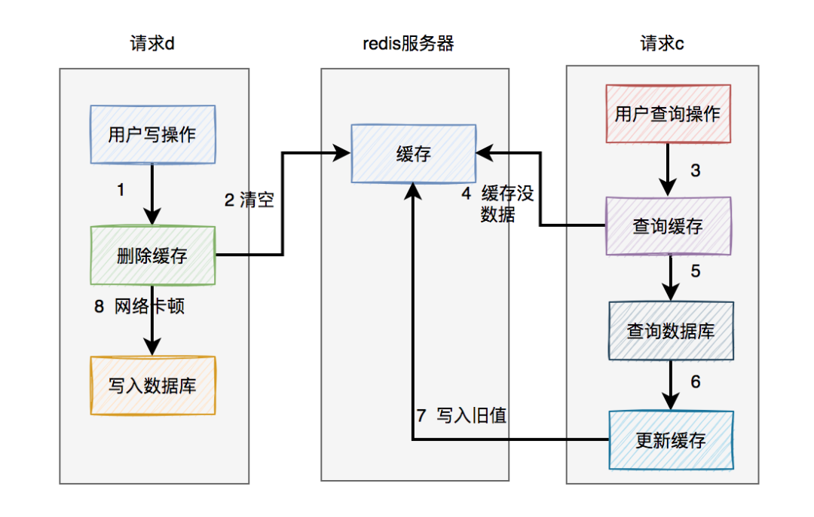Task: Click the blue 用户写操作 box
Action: pyautogui.click(x=152, y=135)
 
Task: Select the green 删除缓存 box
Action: pyautogui.click(x=152, y=255)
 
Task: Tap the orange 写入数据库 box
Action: pyautogui.click(x=152, y=385)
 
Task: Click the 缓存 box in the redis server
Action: pyautogui.click(x=413, y=154)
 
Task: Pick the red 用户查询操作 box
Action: pyautogui.click(x=668, y=114)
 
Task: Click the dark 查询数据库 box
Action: pyautogui.click(x=671, y=331)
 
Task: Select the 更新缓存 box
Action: pyautogui.click(x=671, y=440)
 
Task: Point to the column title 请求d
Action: pyautogui.click(x=152, y=43)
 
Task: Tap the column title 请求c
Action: pyautogui.click(x=662, y=43)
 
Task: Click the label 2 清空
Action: pyautogui.click(x=249, y=200)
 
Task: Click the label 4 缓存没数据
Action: pyautogui.click(x=497, y=204)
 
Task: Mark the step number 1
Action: pyautogui.click(x=121, y=190)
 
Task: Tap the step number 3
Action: pyautogui.click(x=695, y=170)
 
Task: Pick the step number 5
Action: pyautogui.click(x=695, y=271)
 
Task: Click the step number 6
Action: pyautogui.click(x=695, y=382)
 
